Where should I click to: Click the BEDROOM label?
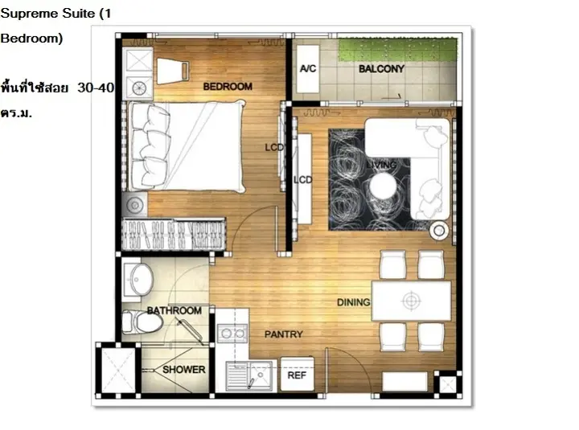[228, 86]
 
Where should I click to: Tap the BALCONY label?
[381, 68]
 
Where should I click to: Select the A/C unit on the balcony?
[307, 68]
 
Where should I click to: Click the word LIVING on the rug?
[382, 165]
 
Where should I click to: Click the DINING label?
[353, 302]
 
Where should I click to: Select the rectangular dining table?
[411, 301]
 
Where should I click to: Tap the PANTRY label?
[283, 334]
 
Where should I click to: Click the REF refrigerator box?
[298, 374]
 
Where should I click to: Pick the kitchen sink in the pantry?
[249, 375]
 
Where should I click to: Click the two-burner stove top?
[232, 334]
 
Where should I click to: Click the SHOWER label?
[184, 370]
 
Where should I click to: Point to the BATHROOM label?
[174, 310]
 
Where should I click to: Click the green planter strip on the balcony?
[398, 50]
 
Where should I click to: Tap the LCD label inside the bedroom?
[274, 147]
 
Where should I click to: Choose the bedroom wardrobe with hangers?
[174, 235]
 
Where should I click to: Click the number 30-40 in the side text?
[96, 88]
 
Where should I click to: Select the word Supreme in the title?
[29, 14]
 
